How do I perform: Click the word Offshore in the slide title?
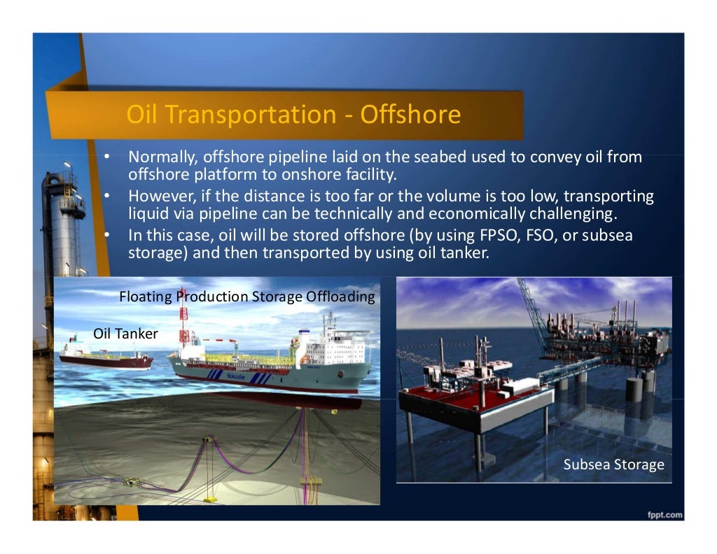pos(410,115)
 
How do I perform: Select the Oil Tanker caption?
pos(125,334)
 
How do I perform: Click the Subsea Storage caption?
pos(613,464)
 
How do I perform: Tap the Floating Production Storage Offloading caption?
pos(247,297)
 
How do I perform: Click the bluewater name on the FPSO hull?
pos(236,376)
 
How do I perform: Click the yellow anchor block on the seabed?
pos(309,481)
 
